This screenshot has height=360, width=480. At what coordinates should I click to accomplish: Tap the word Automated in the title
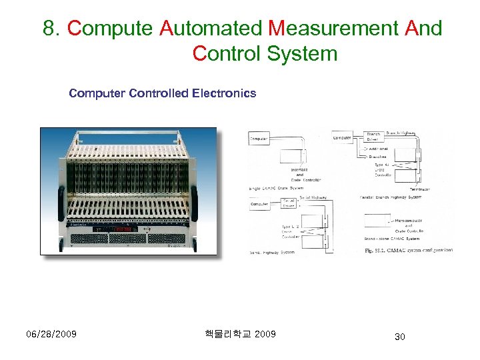tap(211, 29)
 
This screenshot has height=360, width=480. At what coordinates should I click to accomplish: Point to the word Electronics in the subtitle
tap(223, 93)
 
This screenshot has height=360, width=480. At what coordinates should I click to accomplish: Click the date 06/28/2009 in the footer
tap(51, 333)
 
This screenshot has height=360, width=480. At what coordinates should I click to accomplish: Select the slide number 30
tap(400, 337)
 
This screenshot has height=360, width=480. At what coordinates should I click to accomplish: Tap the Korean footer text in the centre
tap(241, 333)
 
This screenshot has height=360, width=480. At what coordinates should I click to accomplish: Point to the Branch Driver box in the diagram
tap(374, 137)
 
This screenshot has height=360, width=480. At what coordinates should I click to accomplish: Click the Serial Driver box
tap(290, 203)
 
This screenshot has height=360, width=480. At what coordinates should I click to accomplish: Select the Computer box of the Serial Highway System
tap(259, 205)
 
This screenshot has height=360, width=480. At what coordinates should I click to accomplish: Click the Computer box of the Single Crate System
tap(259, 139)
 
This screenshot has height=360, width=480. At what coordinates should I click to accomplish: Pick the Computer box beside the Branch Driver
tap(342, 137)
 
